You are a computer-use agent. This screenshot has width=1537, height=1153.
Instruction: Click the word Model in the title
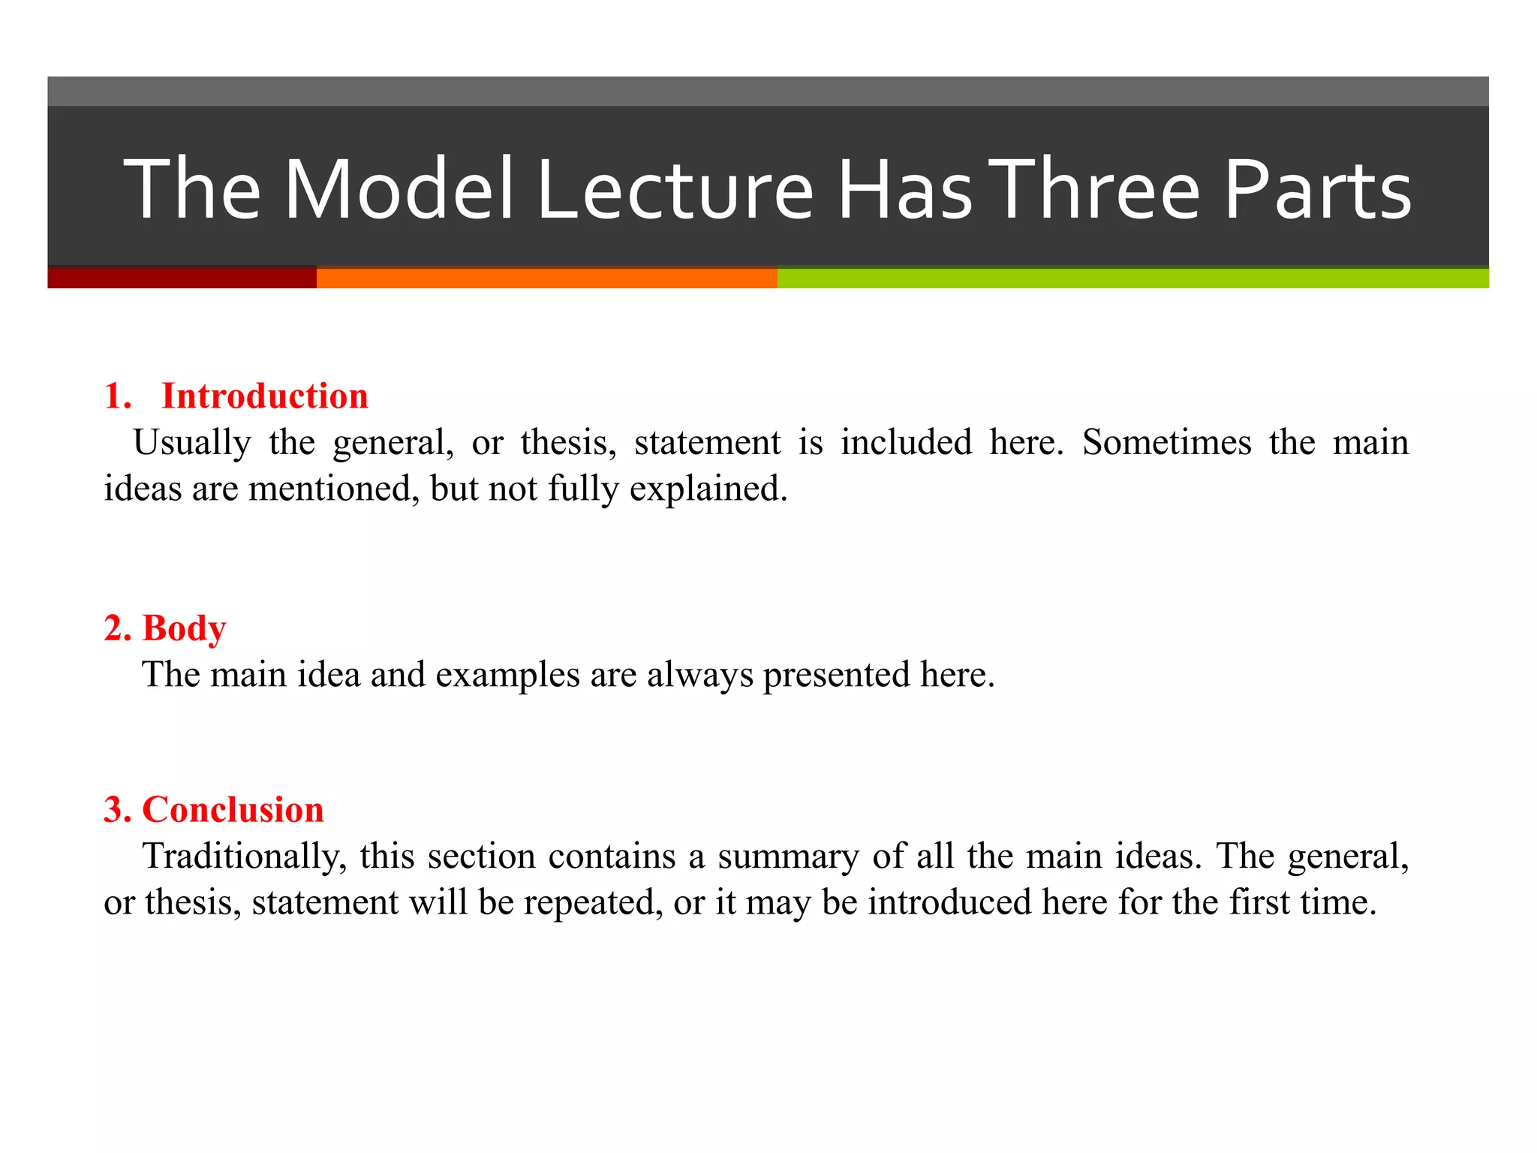coord(399,189)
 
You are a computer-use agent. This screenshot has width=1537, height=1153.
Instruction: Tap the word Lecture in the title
coord(675,189)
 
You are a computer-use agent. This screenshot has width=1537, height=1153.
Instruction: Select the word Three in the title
coord(1097,189)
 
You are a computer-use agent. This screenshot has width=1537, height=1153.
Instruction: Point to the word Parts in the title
coord(1318,189)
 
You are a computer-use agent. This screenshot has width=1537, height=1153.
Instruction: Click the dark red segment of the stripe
coord(182,278)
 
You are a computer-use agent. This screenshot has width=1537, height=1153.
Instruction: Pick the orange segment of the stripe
coord(546,278)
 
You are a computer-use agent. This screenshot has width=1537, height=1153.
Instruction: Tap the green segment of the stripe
coord(1132,278)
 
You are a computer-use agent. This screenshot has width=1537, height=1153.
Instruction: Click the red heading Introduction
coord(265,396)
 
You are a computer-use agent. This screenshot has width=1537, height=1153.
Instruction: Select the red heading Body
coord(184,628)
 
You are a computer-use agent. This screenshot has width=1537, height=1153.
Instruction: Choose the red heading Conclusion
coord(233,809)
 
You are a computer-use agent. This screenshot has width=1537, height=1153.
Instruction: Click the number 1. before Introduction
coord(118,396)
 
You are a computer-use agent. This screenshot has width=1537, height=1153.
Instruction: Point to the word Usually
coord(191,442)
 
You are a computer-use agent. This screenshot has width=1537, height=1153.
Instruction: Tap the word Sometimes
coord(1166,442)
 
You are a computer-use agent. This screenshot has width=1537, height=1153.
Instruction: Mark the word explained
coord(708,489)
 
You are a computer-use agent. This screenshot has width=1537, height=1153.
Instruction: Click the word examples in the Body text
coord(507,674)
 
